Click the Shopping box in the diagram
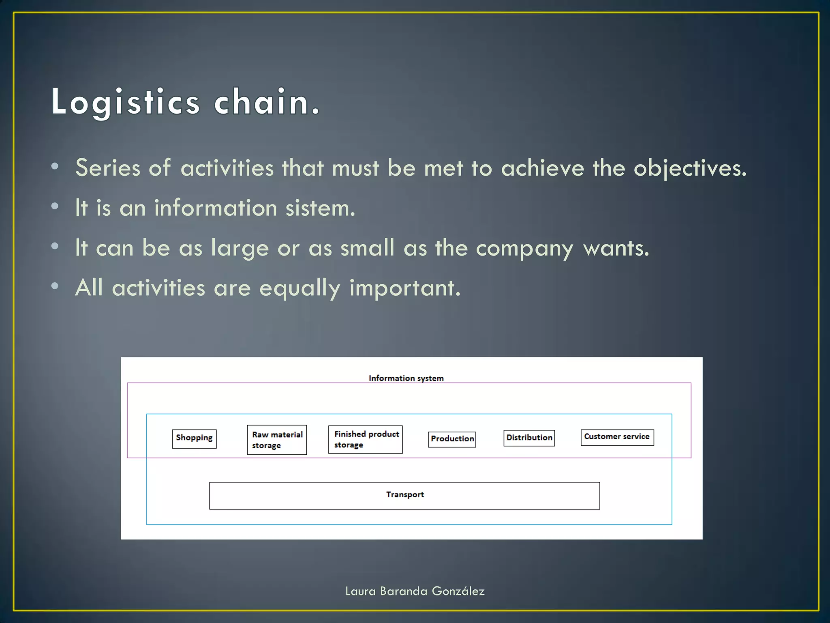tap(194, 438)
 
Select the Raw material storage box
tap(277, 440)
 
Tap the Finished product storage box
tap(365, 439)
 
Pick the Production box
tap(452, 439)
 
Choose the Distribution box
tap(529, 438)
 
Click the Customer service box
tap(617, 437)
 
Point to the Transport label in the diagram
tap(404, 494)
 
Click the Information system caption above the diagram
tap(406, 378)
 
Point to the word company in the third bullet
tap(524, 248)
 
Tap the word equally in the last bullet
tap(299, 288)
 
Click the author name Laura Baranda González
tap(415, 591)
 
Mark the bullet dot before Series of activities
tap(55, 166)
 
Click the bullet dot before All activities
tap(55, 286)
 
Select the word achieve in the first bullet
tap(542, 168)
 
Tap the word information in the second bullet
tap(215, 208)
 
